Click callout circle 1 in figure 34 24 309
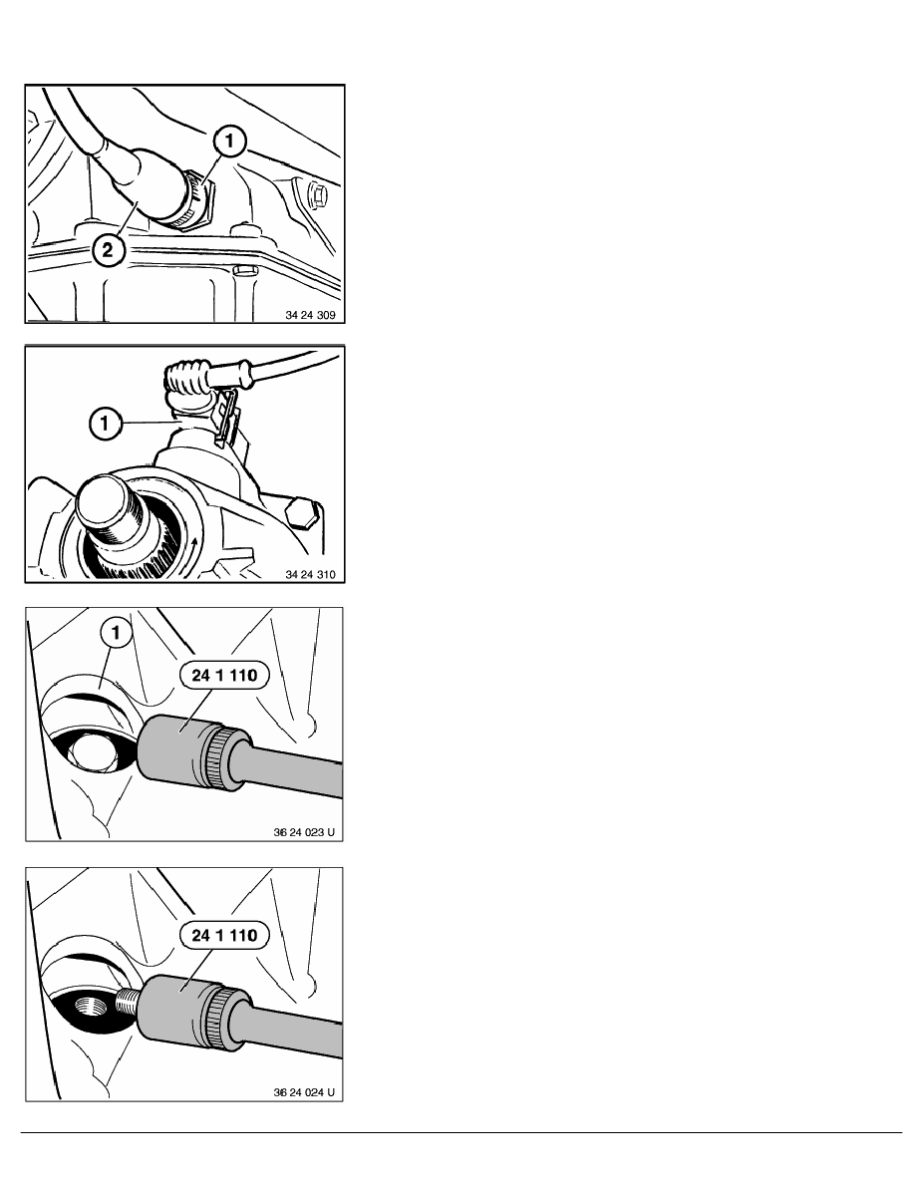click(x=230, y=142)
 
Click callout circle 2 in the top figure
click(x=108, y=249)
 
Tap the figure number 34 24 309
click(x=310, y=315)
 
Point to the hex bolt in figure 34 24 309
click(x=316, y=196)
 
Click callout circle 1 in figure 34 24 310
click(x=105, y=423)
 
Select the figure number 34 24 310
click(x=310, y=575)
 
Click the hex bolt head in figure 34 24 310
click(x=302, y=513)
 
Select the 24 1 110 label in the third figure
click(x=224, y=675)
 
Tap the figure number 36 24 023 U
click(x=303, y=832)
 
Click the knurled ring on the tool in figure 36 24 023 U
click(x=219, y=758)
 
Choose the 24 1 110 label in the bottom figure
click(x=224, y=935)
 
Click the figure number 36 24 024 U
click(x=303, y=1092)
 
